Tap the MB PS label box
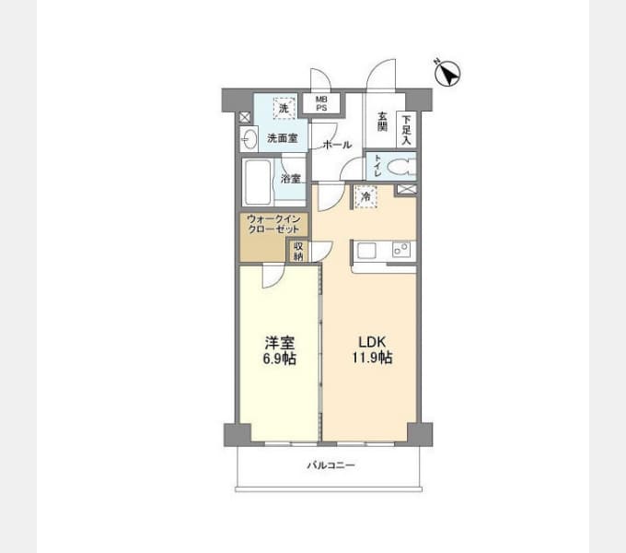click(320, 103)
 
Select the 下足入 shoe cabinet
click(407, 128)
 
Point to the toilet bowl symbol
click(399, 168)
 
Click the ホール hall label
click(337, 145)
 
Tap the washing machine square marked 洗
click(284, 109)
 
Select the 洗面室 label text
click(282, 139)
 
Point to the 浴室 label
click(290, 179)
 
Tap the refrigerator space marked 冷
click(365, 196)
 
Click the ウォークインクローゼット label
click(274, 225)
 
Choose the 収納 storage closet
click(298, 251)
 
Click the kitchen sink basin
click(365, 251)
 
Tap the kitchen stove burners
click(401, 249)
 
